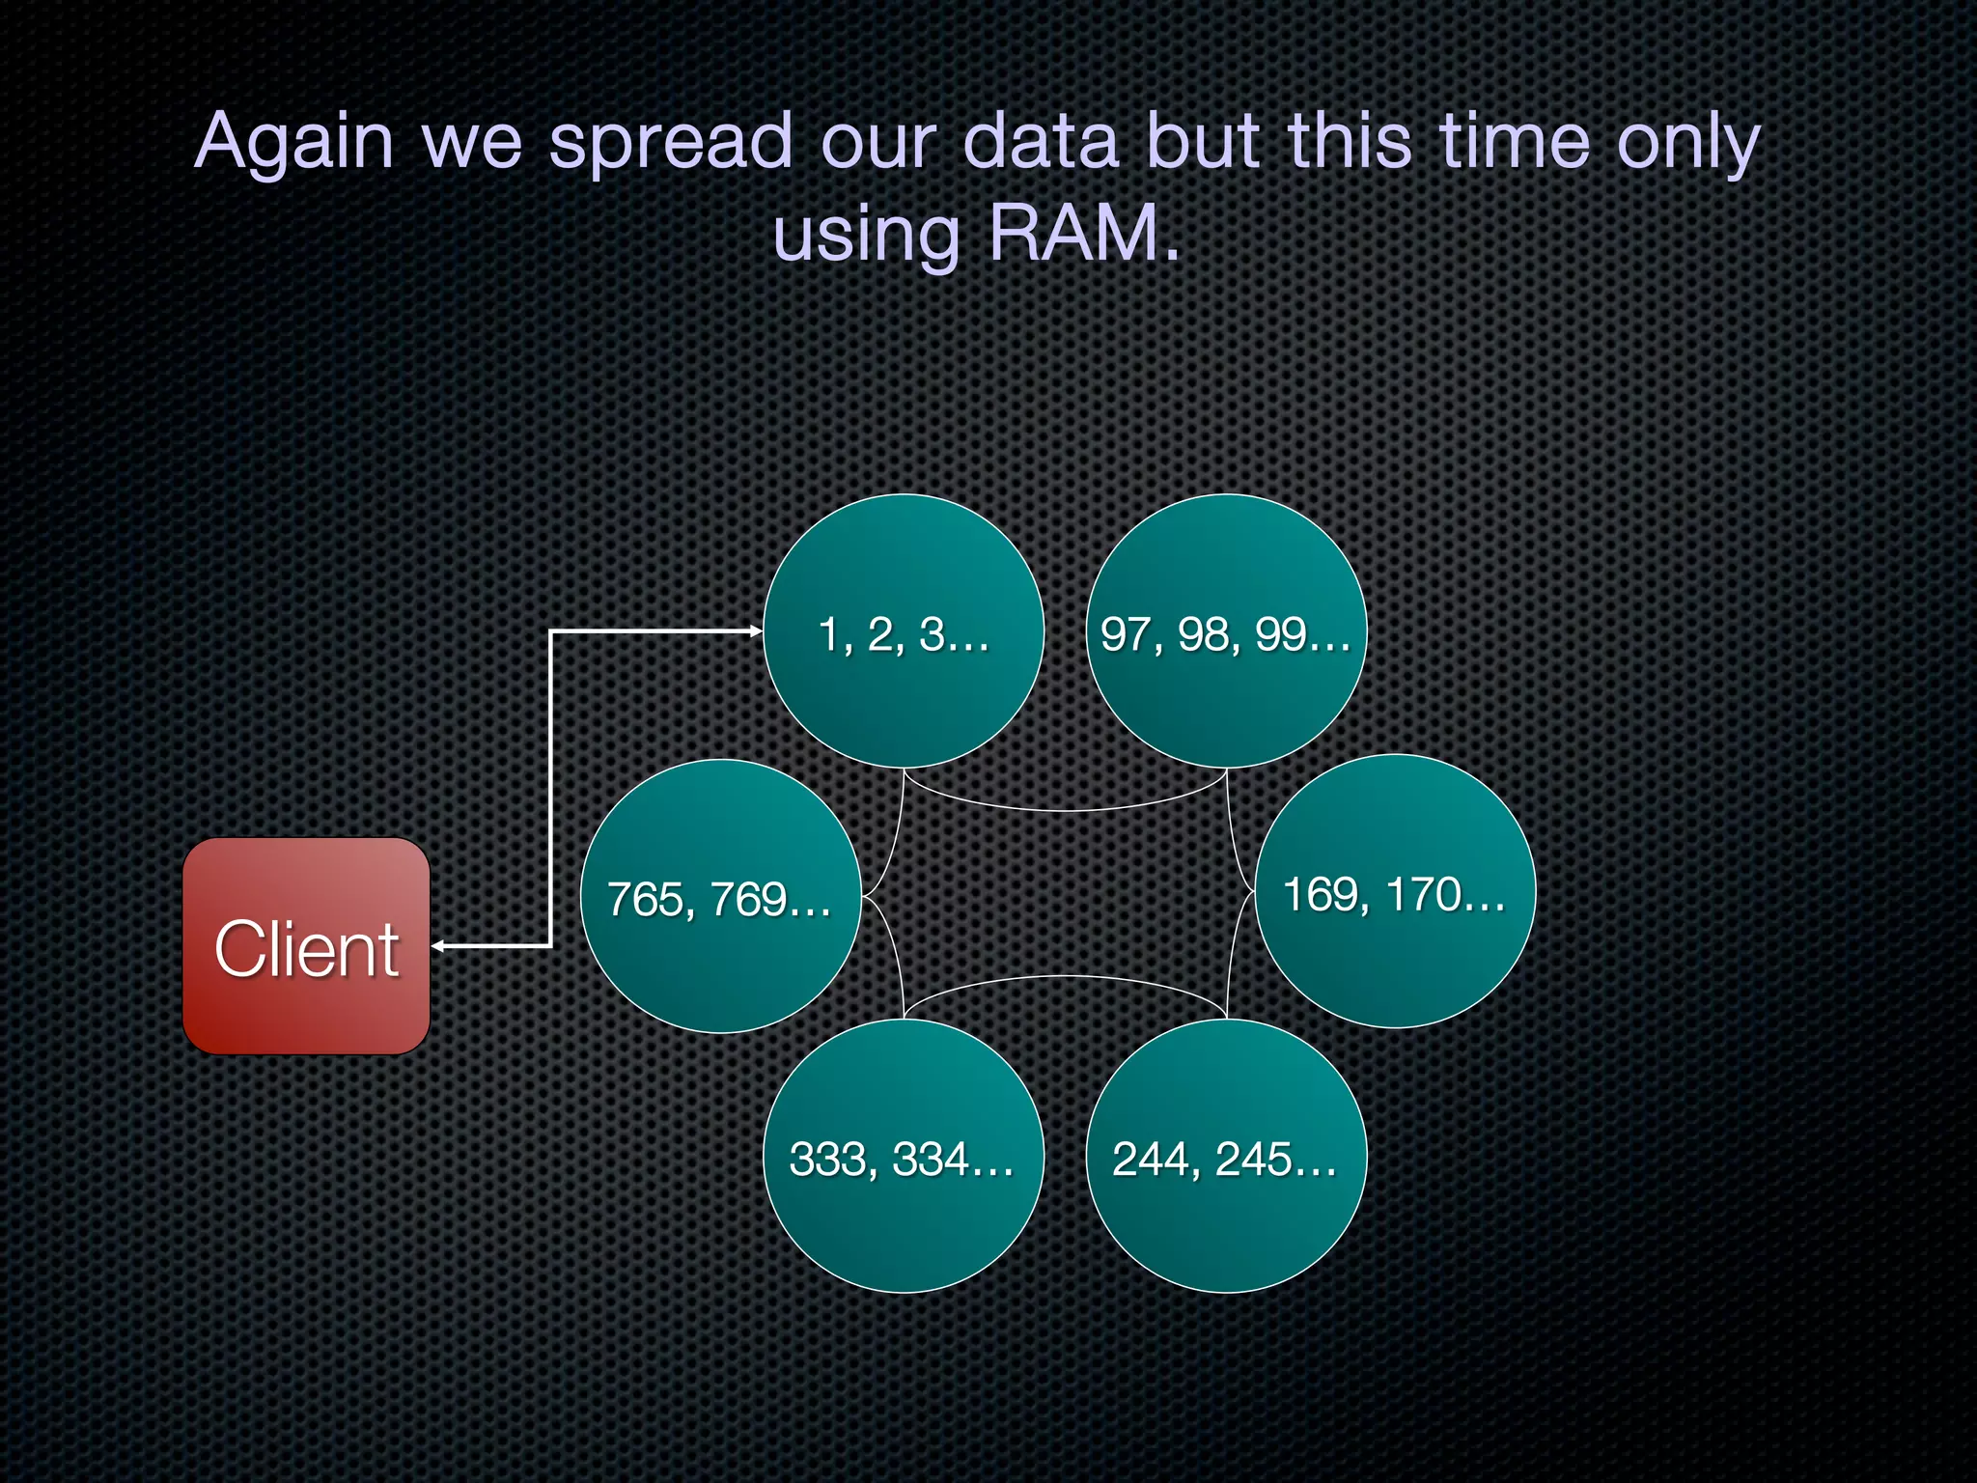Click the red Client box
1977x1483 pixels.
point(306,946)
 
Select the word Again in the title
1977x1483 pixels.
point(293,141)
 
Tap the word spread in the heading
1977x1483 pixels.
point(671,143)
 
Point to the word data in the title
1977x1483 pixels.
point(1041,141)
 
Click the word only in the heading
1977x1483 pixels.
point(1688,143)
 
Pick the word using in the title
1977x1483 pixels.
point(866,236)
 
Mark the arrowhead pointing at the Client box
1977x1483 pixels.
point(437,946)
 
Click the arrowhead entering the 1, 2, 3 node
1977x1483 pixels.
point(756,631)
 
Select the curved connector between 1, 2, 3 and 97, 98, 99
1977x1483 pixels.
point(1065,809)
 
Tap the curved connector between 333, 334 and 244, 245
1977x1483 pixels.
point(1065,977)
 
